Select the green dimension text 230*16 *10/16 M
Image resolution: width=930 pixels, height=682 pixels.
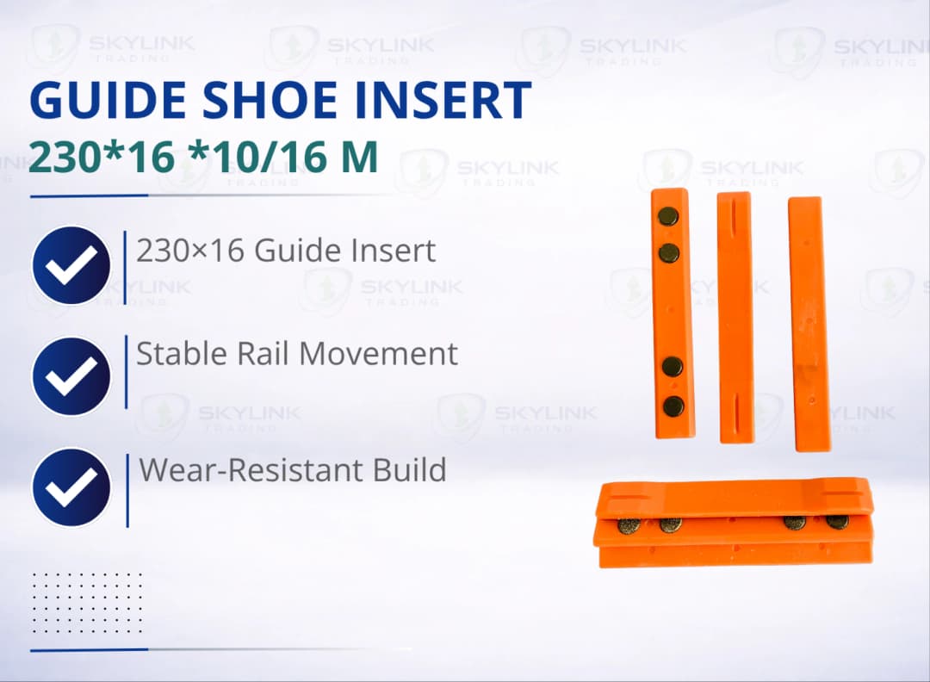point(203,157)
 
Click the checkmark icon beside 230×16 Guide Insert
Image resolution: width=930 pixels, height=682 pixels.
point(71,265)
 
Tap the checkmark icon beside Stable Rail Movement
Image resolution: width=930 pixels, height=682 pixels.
point(71,376)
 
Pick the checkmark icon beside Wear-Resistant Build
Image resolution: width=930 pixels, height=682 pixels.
point(71,487)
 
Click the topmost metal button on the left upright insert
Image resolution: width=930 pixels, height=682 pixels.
point(668,216)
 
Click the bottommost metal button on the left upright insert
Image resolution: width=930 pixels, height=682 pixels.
point(673,406)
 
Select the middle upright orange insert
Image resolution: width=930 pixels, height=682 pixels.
point(735,317)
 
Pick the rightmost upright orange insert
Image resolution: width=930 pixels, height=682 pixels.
point(809,323)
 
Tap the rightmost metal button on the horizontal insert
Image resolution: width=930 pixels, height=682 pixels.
point(836,521)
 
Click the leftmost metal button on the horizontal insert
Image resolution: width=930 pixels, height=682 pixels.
point(629,525)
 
